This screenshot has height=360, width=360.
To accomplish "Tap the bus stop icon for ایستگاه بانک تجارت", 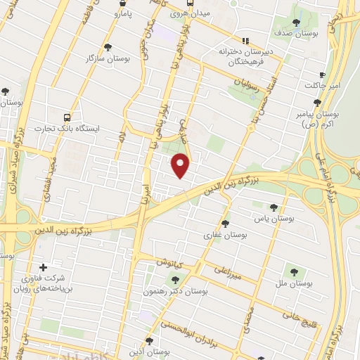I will click(x=67, y=117).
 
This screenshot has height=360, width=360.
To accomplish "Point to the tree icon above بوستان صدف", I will click(x=296, y=22).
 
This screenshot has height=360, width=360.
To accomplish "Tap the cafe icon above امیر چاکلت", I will click(x=322, y=75).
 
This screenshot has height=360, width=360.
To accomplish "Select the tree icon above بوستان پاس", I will click(x=274, y=207).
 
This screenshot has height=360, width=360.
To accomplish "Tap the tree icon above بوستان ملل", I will click(x=291, y=271).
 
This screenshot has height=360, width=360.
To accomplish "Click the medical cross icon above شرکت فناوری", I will click(x=44, y=267).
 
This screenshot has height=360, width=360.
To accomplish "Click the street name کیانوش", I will click(x=169, y=262).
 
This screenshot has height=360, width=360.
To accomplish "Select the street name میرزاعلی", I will click(x=230, y=273).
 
